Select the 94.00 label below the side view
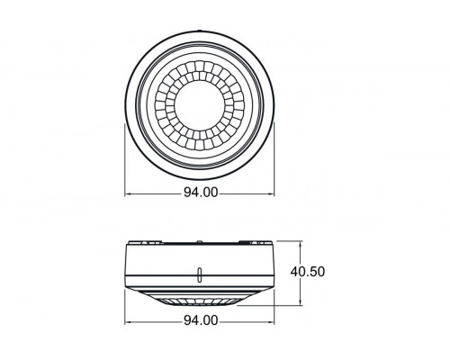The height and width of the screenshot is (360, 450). [199, 320]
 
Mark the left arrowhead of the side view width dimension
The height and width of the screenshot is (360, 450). [127, 321]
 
